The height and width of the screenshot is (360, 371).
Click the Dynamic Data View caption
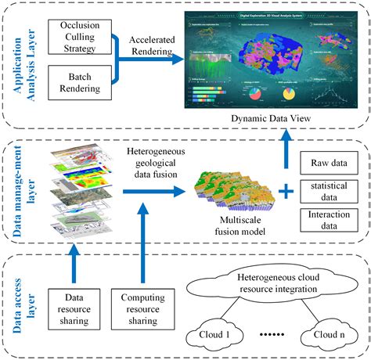pos(272,117)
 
